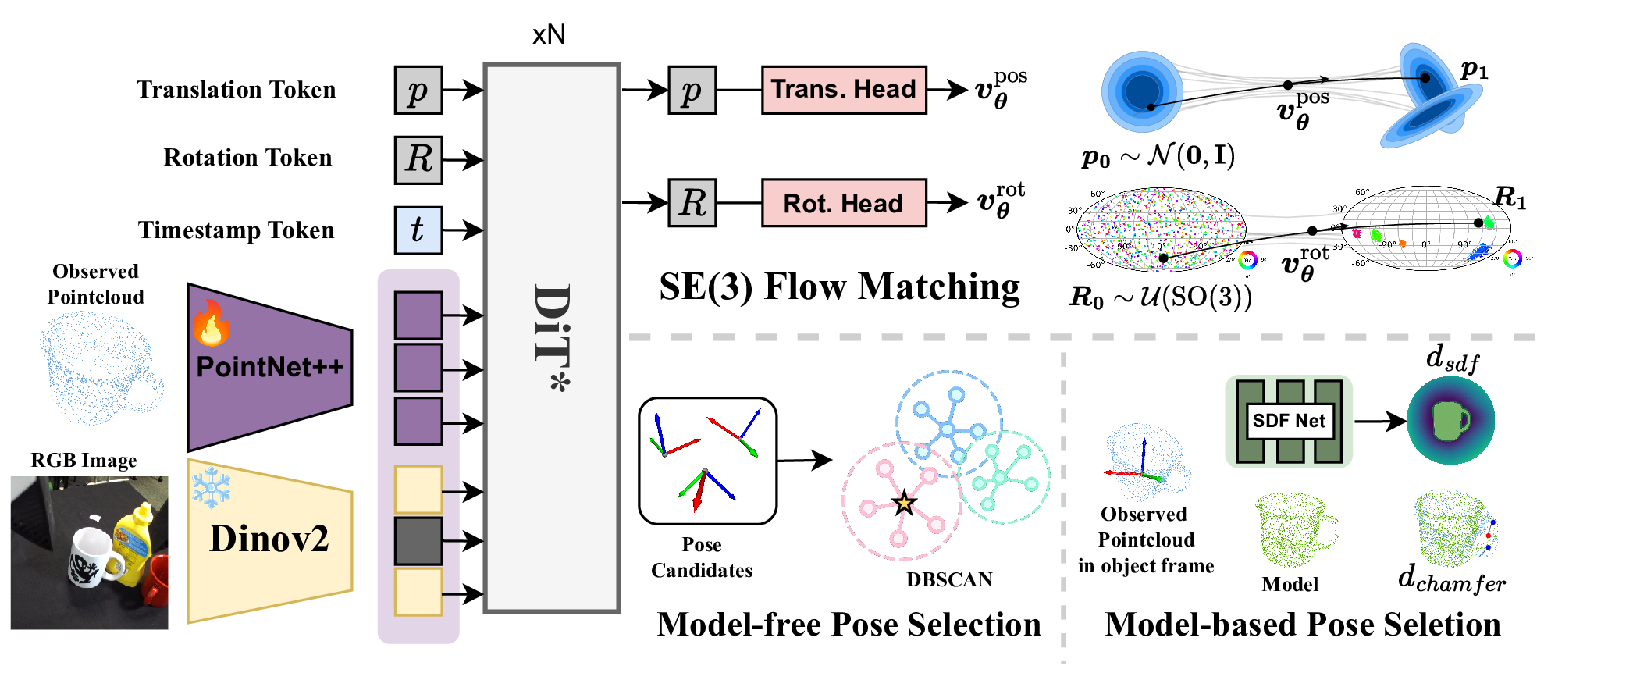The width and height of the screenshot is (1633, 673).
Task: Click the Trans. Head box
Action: [843, 90]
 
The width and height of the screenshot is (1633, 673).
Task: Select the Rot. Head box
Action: [843, 203]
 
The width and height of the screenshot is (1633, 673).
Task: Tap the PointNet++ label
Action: [269, 367]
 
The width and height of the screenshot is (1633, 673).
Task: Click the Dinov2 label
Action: [269, 539]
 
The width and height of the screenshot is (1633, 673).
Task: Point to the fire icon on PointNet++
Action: [211, 323]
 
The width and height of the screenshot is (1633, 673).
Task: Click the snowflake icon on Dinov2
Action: [212, 487]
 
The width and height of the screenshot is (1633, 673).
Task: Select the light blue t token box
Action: [418, 230]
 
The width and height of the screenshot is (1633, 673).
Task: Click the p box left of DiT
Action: [418, 91]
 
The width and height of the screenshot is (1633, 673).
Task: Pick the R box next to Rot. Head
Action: [692, 203]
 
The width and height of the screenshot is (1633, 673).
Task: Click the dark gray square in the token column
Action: [418, 540]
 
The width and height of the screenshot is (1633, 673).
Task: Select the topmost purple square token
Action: [418, 315]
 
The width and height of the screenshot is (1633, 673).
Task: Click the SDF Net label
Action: [1289, 421]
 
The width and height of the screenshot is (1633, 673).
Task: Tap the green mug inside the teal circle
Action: [1450, 421]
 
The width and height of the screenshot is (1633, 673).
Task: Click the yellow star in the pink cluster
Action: [904, 504]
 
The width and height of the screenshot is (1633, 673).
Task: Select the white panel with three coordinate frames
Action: [707, 461]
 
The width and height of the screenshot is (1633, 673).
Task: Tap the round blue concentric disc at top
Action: [1142, 91]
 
